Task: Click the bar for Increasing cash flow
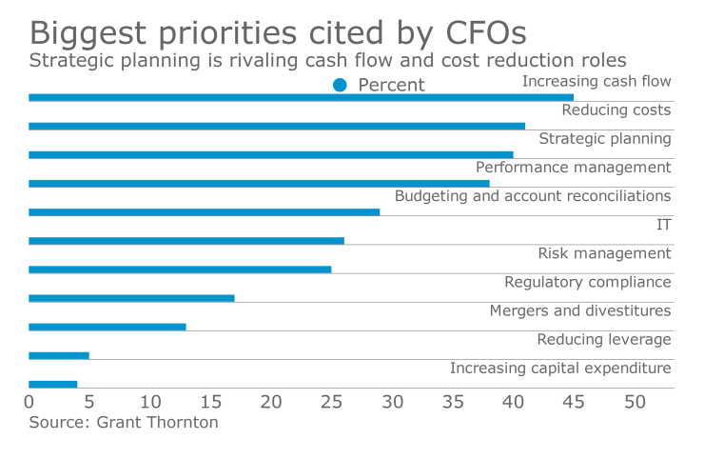pyautogui.click(x=301, y=97)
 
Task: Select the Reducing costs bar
pyautogui.click(x=277, y=126)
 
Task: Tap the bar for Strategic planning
pyautogui.click(x=271, y=154)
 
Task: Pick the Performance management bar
pyautogui.click(x=259, y=183)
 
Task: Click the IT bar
pyautogui.click(x=186, y=241)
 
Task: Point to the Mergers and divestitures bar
pyautogui.click(x=108, y=327)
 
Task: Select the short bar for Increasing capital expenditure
pyautogui.click(x=53, y=384)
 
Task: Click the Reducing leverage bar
pyautogui.click(x=59, y=355)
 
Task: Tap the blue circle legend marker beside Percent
pyautogui.click(x=340, y=85)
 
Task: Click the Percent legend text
pyautogui.click(x=391, y=85)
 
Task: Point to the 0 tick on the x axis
pyautogui.click(x=29, y=402)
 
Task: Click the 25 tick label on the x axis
pyautogui.click(x=331, y=402)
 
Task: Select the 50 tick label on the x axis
pyautogui.click(x=634, y=402)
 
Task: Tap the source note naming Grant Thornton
pyautogui.click(x=124, y=422)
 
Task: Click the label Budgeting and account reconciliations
pyautogui.click(x=533, y=196)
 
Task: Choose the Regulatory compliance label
pyautogui.click(x=587, y=282)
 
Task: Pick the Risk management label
pyautogui.click(x=604, y=253)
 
